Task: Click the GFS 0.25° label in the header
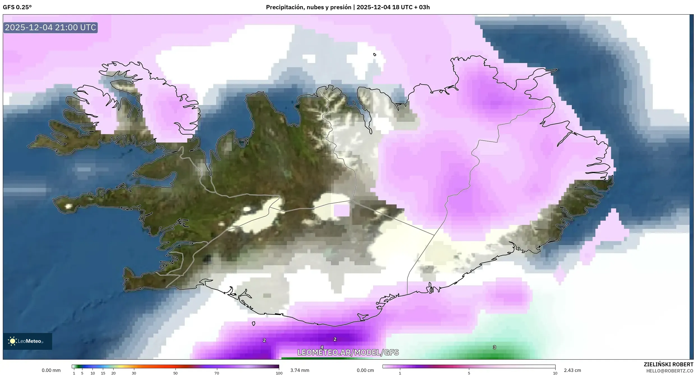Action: (x=17, y=7)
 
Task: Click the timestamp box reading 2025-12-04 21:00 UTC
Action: (x=50, y=27)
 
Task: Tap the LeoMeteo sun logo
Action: (x=12, y=341)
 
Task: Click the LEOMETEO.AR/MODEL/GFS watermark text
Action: (x=348, y=352)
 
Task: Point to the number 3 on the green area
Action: (x=494, y=347)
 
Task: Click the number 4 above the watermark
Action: (x=322, y=347)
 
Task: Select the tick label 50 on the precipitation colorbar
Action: (x=175, y=373)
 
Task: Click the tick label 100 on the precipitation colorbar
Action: (x=279, y=373)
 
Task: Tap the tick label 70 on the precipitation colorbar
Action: (x=216, y=373)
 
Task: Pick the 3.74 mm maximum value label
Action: (x=300, y=370)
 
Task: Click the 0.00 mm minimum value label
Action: (x=51, y=370)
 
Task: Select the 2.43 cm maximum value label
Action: (x=572, y=370)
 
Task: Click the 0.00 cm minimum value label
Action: (x=365, y=370)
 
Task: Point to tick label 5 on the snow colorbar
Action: (x=469, y=373)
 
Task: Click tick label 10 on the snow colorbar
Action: (x=555, y=373)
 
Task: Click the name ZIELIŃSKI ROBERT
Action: (x=668, y=364)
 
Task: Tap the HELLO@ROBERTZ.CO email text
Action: (x=670, y=371)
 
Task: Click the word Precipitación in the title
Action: (x=284, y=7)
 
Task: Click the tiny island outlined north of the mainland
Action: (x=375, y=55)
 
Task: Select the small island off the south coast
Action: (x=253, y=323)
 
